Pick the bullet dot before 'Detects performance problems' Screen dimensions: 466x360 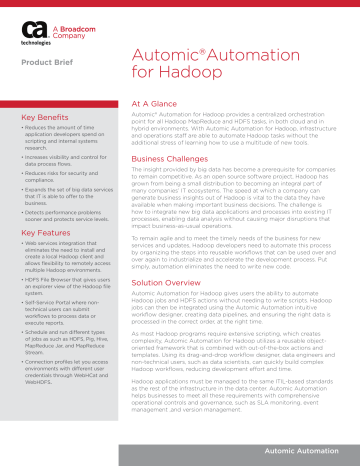tap(23, 211)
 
